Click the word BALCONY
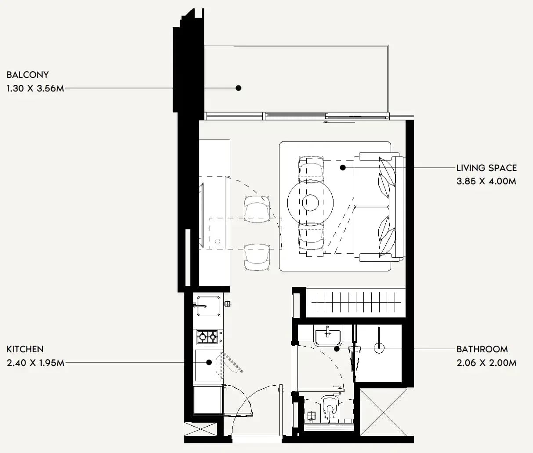[x=28, y=75]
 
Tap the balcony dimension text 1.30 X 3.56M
[x=35, y=88]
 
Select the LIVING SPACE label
[x=486, y=168]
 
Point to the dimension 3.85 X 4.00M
[x=486, y=181]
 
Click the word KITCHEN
[x=25, y=349]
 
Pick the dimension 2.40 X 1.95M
[x=36, y=363]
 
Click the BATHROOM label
[x=482, y=349]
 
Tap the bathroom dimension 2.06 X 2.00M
[x=486, y=363]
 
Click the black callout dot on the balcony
[x=239, y=88]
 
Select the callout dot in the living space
[x=343, y=168]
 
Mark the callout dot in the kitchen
[x=209, y=362]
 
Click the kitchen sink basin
[x=208, y=306]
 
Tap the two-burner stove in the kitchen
[x=207, y=336]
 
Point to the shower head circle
[x=379, y=348]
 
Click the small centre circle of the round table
[x=311, y=203]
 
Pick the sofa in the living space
[x=378, y=207]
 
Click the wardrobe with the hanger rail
[x=355, y=302]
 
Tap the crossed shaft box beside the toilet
[x=383, y=412]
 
